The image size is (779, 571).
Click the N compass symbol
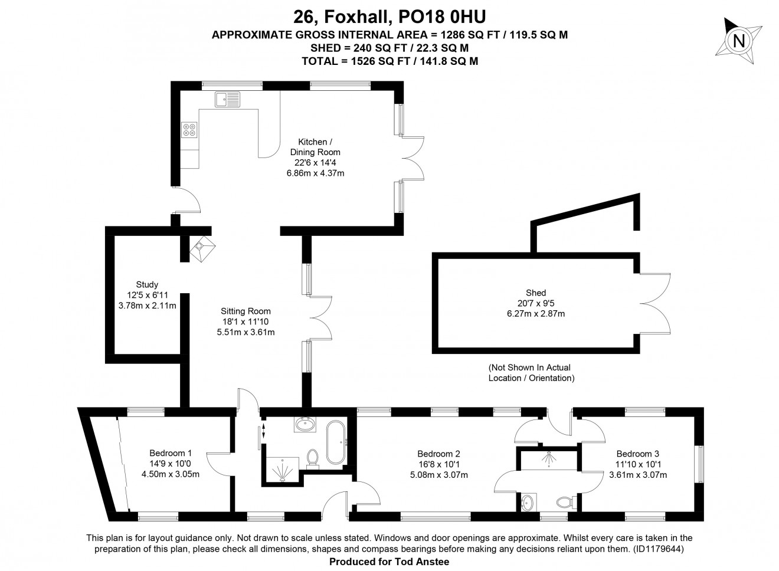coord(738,41)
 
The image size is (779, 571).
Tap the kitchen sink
coord(227,99)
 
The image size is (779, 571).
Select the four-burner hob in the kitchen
coord(189,130)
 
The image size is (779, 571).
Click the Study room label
coord(147,284)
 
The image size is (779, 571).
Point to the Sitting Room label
coord(246,311)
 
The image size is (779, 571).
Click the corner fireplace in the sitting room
coord(202,249)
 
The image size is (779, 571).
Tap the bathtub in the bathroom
coord(336,442)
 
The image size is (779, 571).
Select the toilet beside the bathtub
coord(313,459)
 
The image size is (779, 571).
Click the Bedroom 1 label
coord(171,453)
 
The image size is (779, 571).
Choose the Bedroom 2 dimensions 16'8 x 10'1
coord(439,464)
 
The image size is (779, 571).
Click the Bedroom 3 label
coord(638,454)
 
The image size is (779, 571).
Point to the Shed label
coord(536,293)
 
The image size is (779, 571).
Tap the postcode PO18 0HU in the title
coord(442,17)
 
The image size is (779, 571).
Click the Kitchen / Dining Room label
coord(315,147)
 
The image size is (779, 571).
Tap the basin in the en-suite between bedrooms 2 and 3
coord(528,502)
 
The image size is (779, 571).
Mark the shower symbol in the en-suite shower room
coord(549,459)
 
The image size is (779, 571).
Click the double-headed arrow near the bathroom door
coord(263,431)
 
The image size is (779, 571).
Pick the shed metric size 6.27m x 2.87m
coord(536,313)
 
